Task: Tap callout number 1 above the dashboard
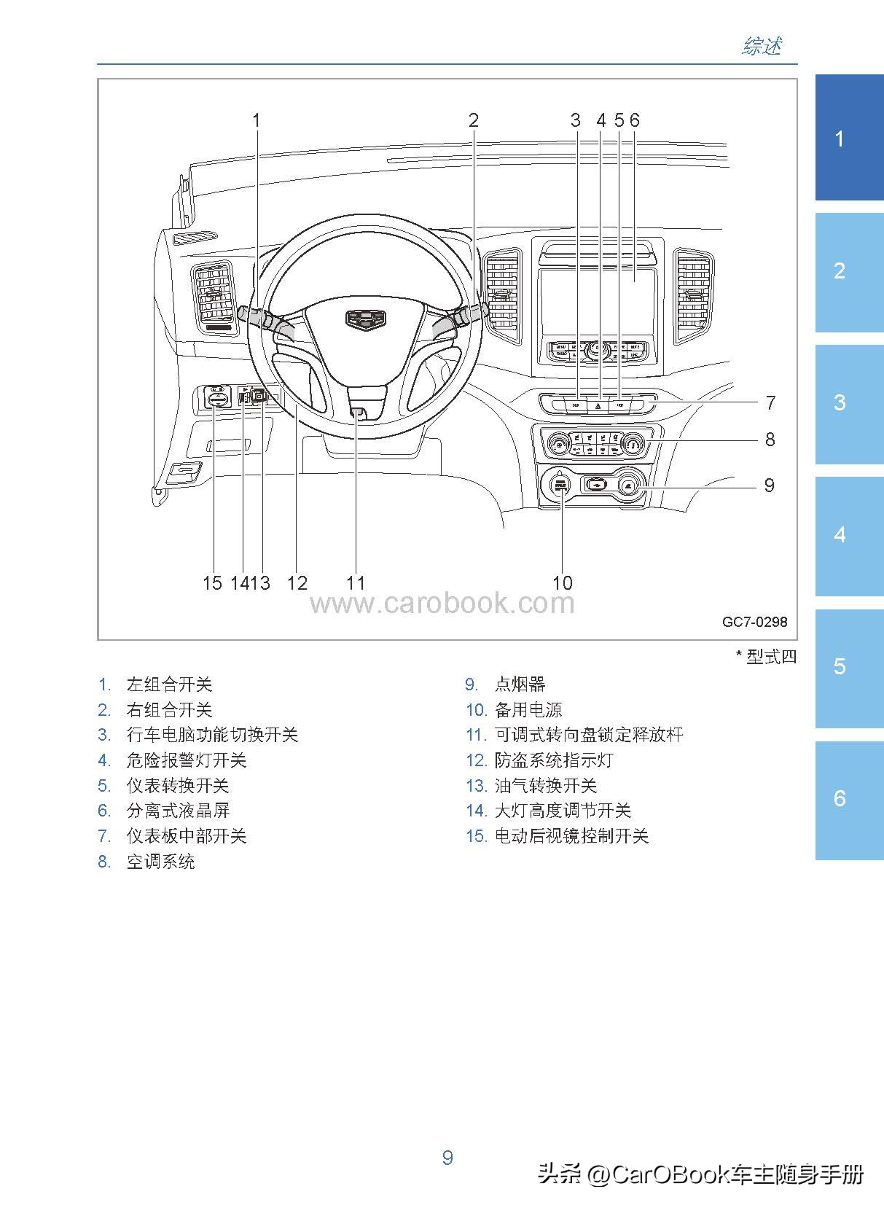pos(257,120)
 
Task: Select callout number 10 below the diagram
pos(563,583)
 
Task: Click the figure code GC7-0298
pos(754,622)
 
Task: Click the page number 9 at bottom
pos(447,1158)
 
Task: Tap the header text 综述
pos(762,47)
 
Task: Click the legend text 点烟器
pos(520,685)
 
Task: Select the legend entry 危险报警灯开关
pos(187,760)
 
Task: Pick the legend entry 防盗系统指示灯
pos(554,760)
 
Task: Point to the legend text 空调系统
pos(161,862)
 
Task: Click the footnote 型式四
pos(771,657)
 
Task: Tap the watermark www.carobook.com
pos(442,604)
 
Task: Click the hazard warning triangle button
pos(598,404)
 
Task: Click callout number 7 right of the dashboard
pos(770,402)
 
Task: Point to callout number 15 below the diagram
pos(212,583)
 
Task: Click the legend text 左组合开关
pos(169,685)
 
